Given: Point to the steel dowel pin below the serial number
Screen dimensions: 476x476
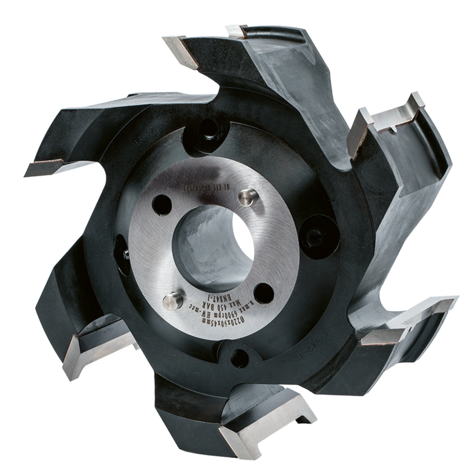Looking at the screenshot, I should click(246, 197).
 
